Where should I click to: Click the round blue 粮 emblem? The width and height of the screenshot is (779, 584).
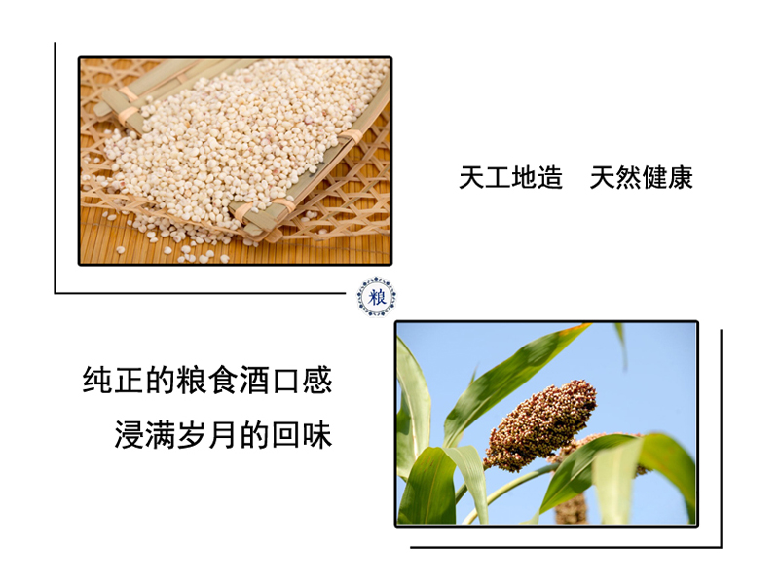point(377,298)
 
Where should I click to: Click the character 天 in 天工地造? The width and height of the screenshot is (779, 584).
point(471,178)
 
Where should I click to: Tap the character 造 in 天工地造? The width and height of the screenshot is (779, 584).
point(550,178)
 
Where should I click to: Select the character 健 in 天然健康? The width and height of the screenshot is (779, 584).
point(654,178)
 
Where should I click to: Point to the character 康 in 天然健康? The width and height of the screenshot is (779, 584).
point(680,178)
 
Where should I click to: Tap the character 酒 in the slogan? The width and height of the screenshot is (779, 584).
point(254,381)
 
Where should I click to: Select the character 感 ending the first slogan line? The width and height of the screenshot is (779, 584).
point(317,381)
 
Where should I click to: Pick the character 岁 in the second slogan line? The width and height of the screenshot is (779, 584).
point(192,434)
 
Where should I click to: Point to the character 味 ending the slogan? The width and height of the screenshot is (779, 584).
point(317,434)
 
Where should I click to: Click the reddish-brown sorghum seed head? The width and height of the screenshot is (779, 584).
point(540,425)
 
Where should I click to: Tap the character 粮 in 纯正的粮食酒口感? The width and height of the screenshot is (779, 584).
point(192,381)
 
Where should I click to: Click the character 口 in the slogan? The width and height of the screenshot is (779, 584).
point(285,381)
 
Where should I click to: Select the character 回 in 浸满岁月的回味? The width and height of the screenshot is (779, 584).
point(285,434)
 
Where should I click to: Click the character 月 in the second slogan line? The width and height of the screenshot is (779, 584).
point(224,434)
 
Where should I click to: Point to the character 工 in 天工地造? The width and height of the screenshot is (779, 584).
point(498,178)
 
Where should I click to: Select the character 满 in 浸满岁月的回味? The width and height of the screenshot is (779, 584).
point(161,434)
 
